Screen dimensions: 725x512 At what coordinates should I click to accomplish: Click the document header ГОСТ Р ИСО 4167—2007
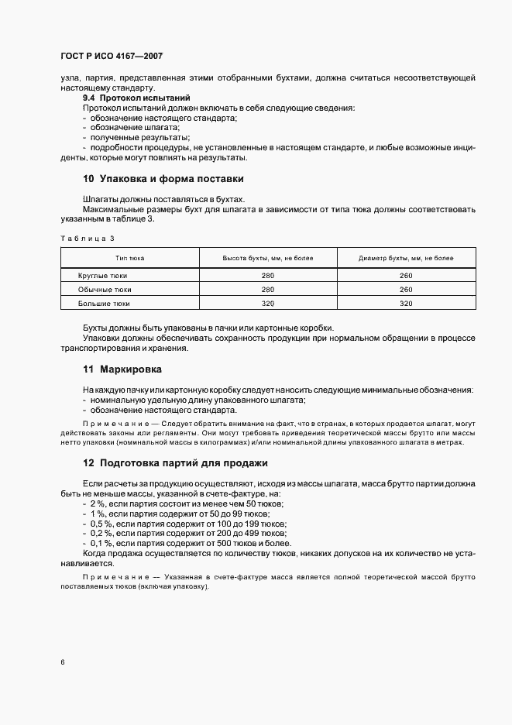[x=111, y=57]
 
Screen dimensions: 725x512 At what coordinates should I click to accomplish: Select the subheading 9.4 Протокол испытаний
[x=136, y=98]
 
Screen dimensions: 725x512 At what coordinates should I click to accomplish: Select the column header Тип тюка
[x=130, y=258]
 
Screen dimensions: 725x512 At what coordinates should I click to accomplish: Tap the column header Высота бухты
[x=268, y=258]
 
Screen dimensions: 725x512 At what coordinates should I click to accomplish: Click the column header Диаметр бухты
[x=406, y=258]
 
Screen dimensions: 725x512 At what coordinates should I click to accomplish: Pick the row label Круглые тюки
[x=103, y=276]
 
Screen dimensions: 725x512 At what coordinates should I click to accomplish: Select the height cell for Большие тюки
[x=268, y=304]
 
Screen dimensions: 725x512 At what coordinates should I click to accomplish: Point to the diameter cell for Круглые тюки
[x=406, y=276]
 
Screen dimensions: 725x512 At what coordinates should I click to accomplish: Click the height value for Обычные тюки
[x=268, y=290]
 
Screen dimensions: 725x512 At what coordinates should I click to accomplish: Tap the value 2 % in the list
[x=99, y=503]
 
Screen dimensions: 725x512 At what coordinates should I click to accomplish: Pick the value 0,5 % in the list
[x=103, y=524]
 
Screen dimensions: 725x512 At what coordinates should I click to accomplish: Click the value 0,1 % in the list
[x=103, y=544]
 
